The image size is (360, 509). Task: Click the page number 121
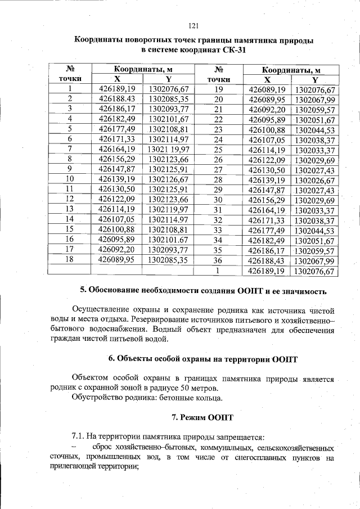195,25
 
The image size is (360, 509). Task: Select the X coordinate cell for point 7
117,149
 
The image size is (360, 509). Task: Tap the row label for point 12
70,199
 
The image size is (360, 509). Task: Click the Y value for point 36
315,261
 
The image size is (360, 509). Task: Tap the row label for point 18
70,259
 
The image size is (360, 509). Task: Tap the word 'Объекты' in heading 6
134,358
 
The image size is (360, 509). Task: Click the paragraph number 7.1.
79,437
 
